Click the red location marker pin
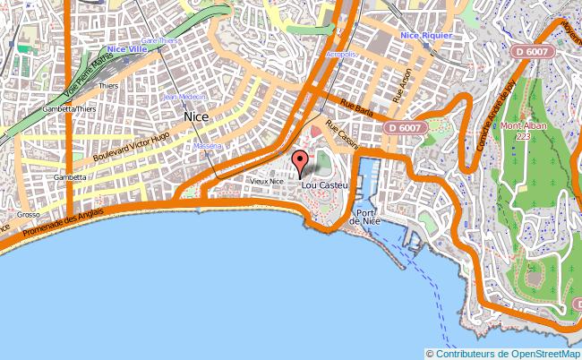pyautogui.click(x=299, y=162)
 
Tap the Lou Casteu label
pyautogui.click(x=325, y=185)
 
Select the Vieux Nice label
pyautogui.click(x=266, y=181)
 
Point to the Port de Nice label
pyautogui.click(x=364, y=217)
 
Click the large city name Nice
pyautogui.click(x=196, y=116)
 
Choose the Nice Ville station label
pyautogui.click(x=126, y=49)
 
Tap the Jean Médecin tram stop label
pyautogui.click(x=185, y=96)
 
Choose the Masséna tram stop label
pyautogui.click(x=207, y=145)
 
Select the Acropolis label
pyautogui.click(x=341, y=54)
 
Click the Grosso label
pyautogui.click(x=26, y=215)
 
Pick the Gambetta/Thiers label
pyautogui.click(x=68, y=108)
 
